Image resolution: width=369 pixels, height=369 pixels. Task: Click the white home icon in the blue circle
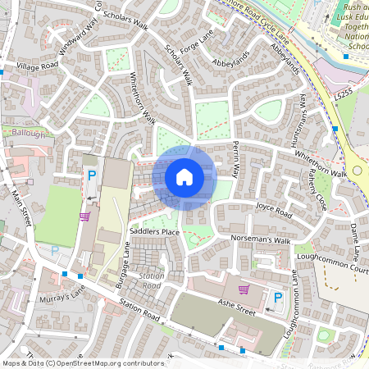click(x=184, y=176)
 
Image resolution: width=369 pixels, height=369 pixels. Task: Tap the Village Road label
click(x=39, y=65)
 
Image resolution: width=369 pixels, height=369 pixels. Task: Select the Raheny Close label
click(x=316, y=190)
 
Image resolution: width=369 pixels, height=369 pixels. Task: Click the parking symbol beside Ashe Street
click(x=277, y=297)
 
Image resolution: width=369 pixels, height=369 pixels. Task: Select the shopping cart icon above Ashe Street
click(x=243, y=289)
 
